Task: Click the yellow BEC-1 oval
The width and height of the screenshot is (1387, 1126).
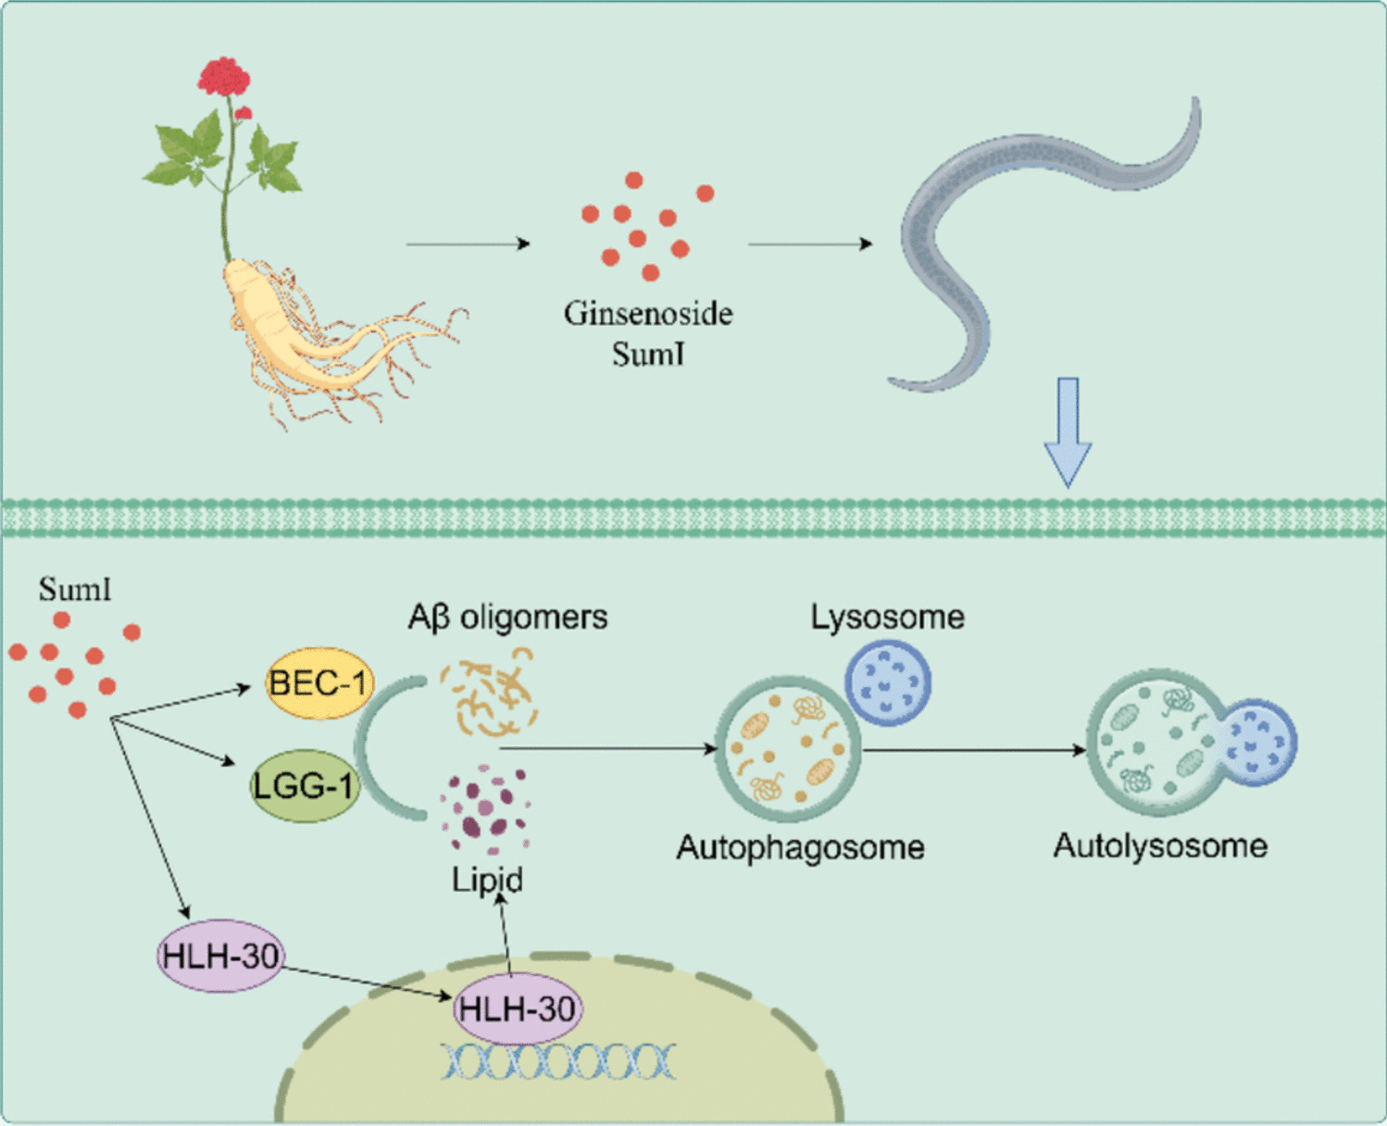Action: pyautogui.click(x=318, y=683)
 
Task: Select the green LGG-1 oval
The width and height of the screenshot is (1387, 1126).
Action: pyautogui.click(x=304, y=786)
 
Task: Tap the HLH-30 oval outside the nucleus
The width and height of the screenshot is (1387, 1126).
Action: pyautogui.click(x=219, y=956)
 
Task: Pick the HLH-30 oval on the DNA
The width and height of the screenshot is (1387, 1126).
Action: pyautogui.click(x=517, y=1008)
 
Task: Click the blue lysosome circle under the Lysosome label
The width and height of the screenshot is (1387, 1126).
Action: pyautogui.click(x=887, y=682)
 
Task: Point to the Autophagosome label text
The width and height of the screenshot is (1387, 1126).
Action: pyautogui.click(x=800, y=847)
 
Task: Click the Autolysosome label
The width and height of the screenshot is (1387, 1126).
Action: pyautogui.click(x=1160, y=845)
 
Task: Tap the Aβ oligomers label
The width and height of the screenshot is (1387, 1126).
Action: pyautogui.click(x=507, y=617)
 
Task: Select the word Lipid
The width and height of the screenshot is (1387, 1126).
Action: pyautogui.click(x=487, y=879)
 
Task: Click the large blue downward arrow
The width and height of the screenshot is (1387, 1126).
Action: pyautogui.click(x=1068, y=432)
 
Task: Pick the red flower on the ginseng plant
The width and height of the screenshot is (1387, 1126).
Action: pyautogui.click(x=224, y=78)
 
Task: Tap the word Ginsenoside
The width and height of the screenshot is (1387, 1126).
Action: pyautogui.click(x=648, y=314)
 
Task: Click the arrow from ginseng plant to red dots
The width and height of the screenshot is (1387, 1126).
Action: pyautogui.click(x=468, y=244)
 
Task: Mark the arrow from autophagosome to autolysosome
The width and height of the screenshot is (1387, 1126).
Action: pyautogui.click(x=972, y=749)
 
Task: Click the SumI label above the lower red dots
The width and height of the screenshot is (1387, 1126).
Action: pyautogui.click(x=75, y=589)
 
